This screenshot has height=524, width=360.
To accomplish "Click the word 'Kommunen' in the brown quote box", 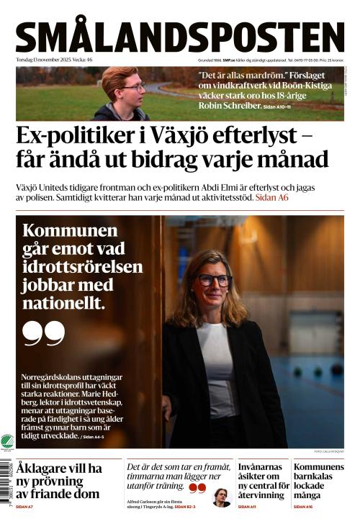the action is coord(70,231).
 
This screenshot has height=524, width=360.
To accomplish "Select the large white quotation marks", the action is coord(43,332).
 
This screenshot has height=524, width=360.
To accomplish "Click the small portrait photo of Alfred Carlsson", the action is coord(222,498).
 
